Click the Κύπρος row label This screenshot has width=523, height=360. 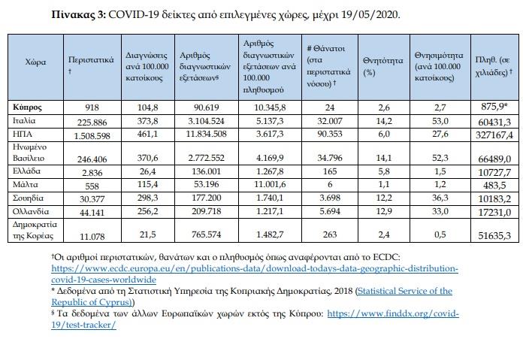[27, 107]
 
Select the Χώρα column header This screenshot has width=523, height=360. [35, 62]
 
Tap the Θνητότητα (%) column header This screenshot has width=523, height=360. [383, 66]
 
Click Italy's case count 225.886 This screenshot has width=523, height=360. [92, 123]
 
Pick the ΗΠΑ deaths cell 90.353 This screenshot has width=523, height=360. [330, 134]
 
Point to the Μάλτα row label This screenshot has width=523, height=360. [26, 184]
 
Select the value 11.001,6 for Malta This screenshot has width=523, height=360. [271, 184]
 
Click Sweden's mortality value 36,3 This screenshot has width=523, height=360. [440, 198]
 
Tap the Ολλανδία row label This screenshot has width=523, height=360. [31, 211]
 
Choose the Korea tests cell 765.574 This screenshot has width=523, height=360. [206, 234]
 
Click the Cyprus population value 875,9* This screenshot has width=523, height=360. [494, 107]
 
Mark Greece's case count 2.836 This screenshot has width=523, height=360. [92, 173]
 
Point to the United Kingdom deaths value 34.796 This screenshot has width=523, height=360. [330, 158]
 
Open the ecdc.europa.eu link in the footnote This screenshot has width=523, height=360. [255, 274]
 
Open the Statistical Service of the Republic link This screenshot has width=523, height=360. [252, 296]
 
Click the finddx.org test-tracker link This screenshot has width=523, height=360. [255, 319]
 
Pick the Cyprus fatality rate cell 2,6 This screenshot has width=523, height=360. [384, 107]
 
